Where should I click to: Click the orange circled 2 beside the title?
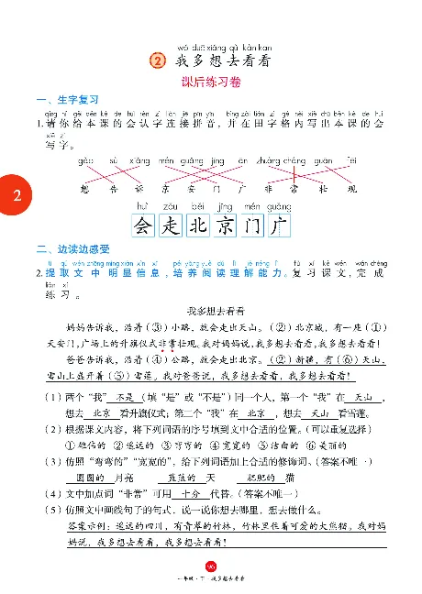point(160,60)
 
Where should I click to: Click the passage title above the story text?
point(210,311)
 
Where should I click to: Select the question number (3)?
point(46,463)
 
